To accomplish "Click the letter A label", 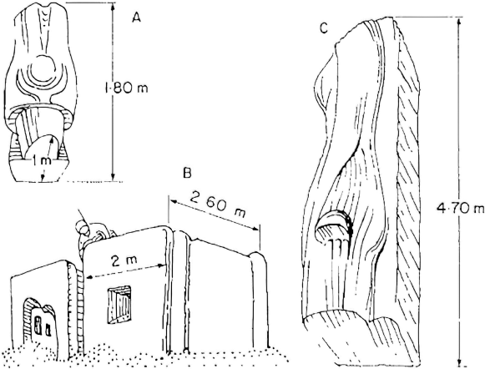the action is [136, 18].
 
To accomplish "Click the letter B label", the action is [186, 173].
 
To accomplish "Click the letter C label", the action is [324, 28].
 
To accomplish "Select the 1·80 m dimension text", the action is [126, 88].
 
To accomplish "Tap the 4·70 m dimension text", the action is [461, 208].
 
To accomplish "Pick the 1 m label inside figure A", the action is [43, 161].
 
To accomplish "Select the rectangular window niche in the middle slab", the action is [119, 305].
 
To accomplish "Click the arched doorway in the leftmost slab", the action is [38, 319].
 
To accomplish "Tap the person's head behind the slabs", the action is [83, 226].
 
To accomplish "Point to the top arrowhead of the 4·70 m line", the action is [460, 21].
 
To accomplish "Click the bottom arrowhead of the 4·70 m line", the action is [460, 362].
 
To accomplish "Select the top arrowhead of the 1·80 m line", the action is [113, 7].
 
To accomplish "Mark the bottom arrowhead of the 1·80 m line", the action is [113, 177].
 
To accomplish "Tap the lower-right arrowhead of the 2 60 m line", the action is [255, 228].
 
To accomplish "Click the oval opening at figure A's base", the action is [40, 148].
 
